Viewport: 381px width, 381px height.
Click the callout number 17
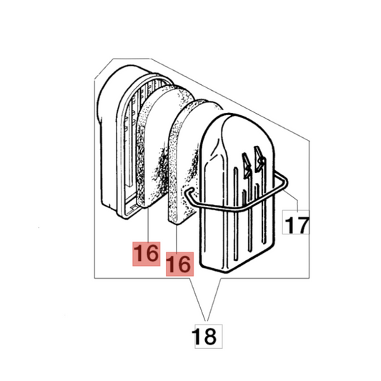(297, 225)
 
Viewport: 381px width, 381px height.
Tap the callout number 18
(204, 336)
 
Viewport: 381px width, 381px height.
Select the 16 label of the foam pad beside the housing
(147, 254)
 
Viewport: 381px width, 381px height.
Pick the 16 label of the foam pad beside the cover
(180, 264)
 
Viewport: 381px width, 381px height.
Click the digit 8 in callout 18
(209, 336)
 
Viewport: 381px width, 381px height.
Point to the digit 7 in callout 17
(302, 225)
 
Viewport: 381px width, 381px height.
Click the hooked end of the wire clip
(189, 192)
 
